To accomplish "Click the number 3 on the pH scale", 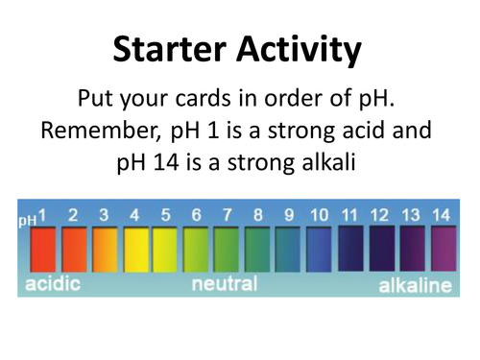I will point(104,214).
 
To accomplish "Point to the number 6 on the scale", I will point(197,214).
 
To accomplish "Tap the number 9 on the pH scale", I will point(289,214).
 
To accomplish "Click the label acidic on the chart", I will point(53,284).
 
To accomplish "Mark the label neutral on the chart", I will point(225,284).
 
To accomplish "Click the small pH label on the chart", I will point(26,220).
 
